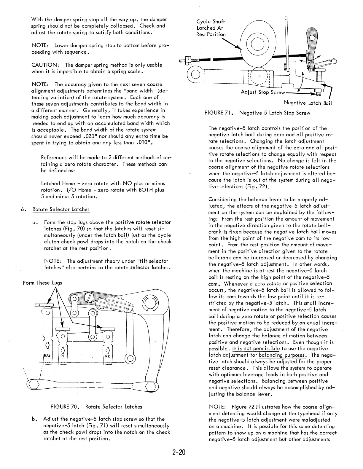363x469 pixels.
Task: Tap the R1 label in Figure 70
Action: click(x=62, y=355)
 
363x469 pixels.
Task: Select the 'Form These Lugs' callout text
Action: click(x=42, y=283)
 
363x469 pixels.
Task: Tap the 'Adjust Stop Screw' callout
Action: click(x=263, y=92)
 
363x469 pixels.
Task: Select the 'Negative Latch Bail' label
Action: click(x=308, y=103)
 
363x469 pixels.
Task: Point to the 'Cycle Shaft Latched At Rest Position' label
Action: click(x=211, y=28)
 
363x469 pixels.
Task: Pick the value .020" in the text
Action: click(x=89, y=136)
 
